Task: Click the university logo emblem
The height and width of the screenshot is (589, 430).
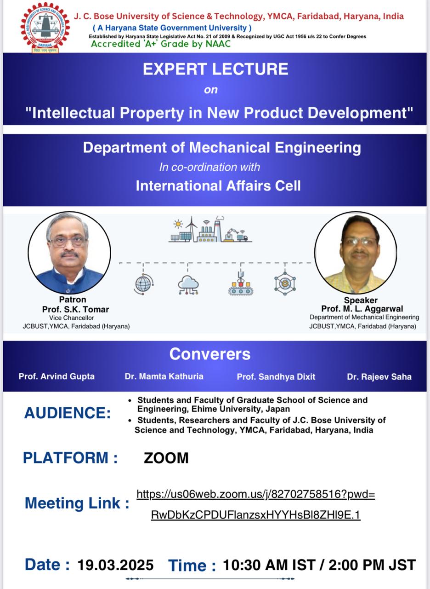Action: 45,27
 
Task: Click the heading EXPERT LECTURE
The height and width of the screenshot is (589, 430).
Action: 215,69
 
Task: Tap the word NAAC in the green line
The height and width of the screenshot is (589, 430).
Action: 218,44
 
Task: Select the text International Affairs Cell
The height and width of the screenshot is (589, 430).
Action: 218,185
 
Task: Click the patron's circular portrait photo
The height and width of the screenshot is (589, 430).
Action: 69,253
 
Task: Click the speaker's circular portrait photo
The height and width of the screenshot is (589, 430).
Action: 356,253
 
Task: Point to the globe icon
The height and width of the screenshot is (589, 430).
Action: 143,284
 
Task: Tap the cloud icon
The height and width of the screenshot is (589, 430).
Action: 188,285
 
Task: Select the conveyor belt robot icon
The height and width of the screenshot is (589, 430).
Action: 241,284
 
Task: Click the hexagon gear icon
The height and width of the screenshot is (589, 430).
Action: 285,283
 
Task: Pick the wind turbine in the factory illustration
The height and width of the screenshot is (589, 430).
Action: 192,229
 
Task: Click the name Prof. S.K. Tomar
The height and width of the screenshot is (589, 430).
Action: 76,309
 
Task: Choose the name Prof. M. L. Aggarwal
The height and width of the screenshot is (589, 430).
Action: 362,308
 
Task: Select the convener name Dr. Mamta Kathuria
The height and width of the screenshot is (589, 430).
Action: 164,376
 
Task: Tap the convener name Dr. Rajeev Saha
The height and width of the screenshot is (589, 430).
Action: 379,377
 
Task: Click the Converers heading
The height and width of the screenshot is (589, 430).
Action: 210,354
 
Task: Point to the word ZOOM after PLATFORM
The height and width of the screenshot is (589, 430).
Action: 166,458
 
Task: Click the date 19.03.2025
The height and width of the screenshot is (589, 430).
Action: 115,565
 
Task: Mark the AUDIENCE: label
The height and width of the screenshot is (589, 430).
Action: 68,413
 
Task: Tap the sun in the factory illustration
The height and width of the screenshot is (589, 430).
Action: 178,224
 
